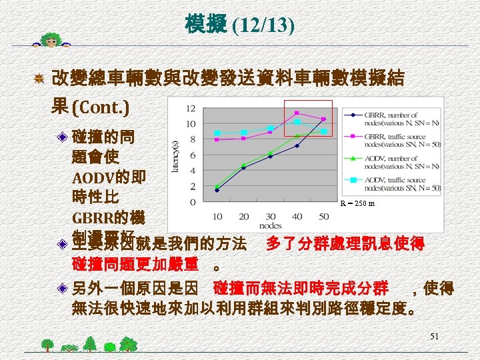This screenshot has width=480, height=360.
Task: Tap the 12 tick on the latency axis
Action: tap(191, 108)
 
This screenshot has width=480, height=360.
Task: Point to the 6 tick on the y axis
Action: tap(193, 155)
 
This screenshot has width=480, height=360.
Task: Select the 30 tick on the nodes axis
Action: tap(271, 216)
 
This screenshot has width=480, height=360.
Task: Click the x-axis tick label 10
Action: tap(217, 216)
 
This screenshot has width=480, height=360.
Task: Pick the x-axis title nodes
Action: tap(271, 226)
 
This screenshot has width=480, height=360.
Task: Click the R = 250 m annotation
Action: tap(358, 203)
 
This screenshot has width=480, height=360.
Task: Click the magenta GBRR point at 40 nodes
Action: tap(297, 113)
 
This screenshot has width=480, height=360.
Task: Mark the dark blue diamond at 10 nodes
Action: tap(217, 190)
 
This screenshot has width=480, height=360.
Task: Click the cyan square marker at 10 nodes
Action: tap(217, 133)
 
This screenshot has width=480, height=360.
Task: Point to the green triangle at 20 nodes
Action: tap(244, 165)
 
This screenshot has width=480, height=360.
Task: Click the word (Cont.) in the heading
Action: tap(101, 107)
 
